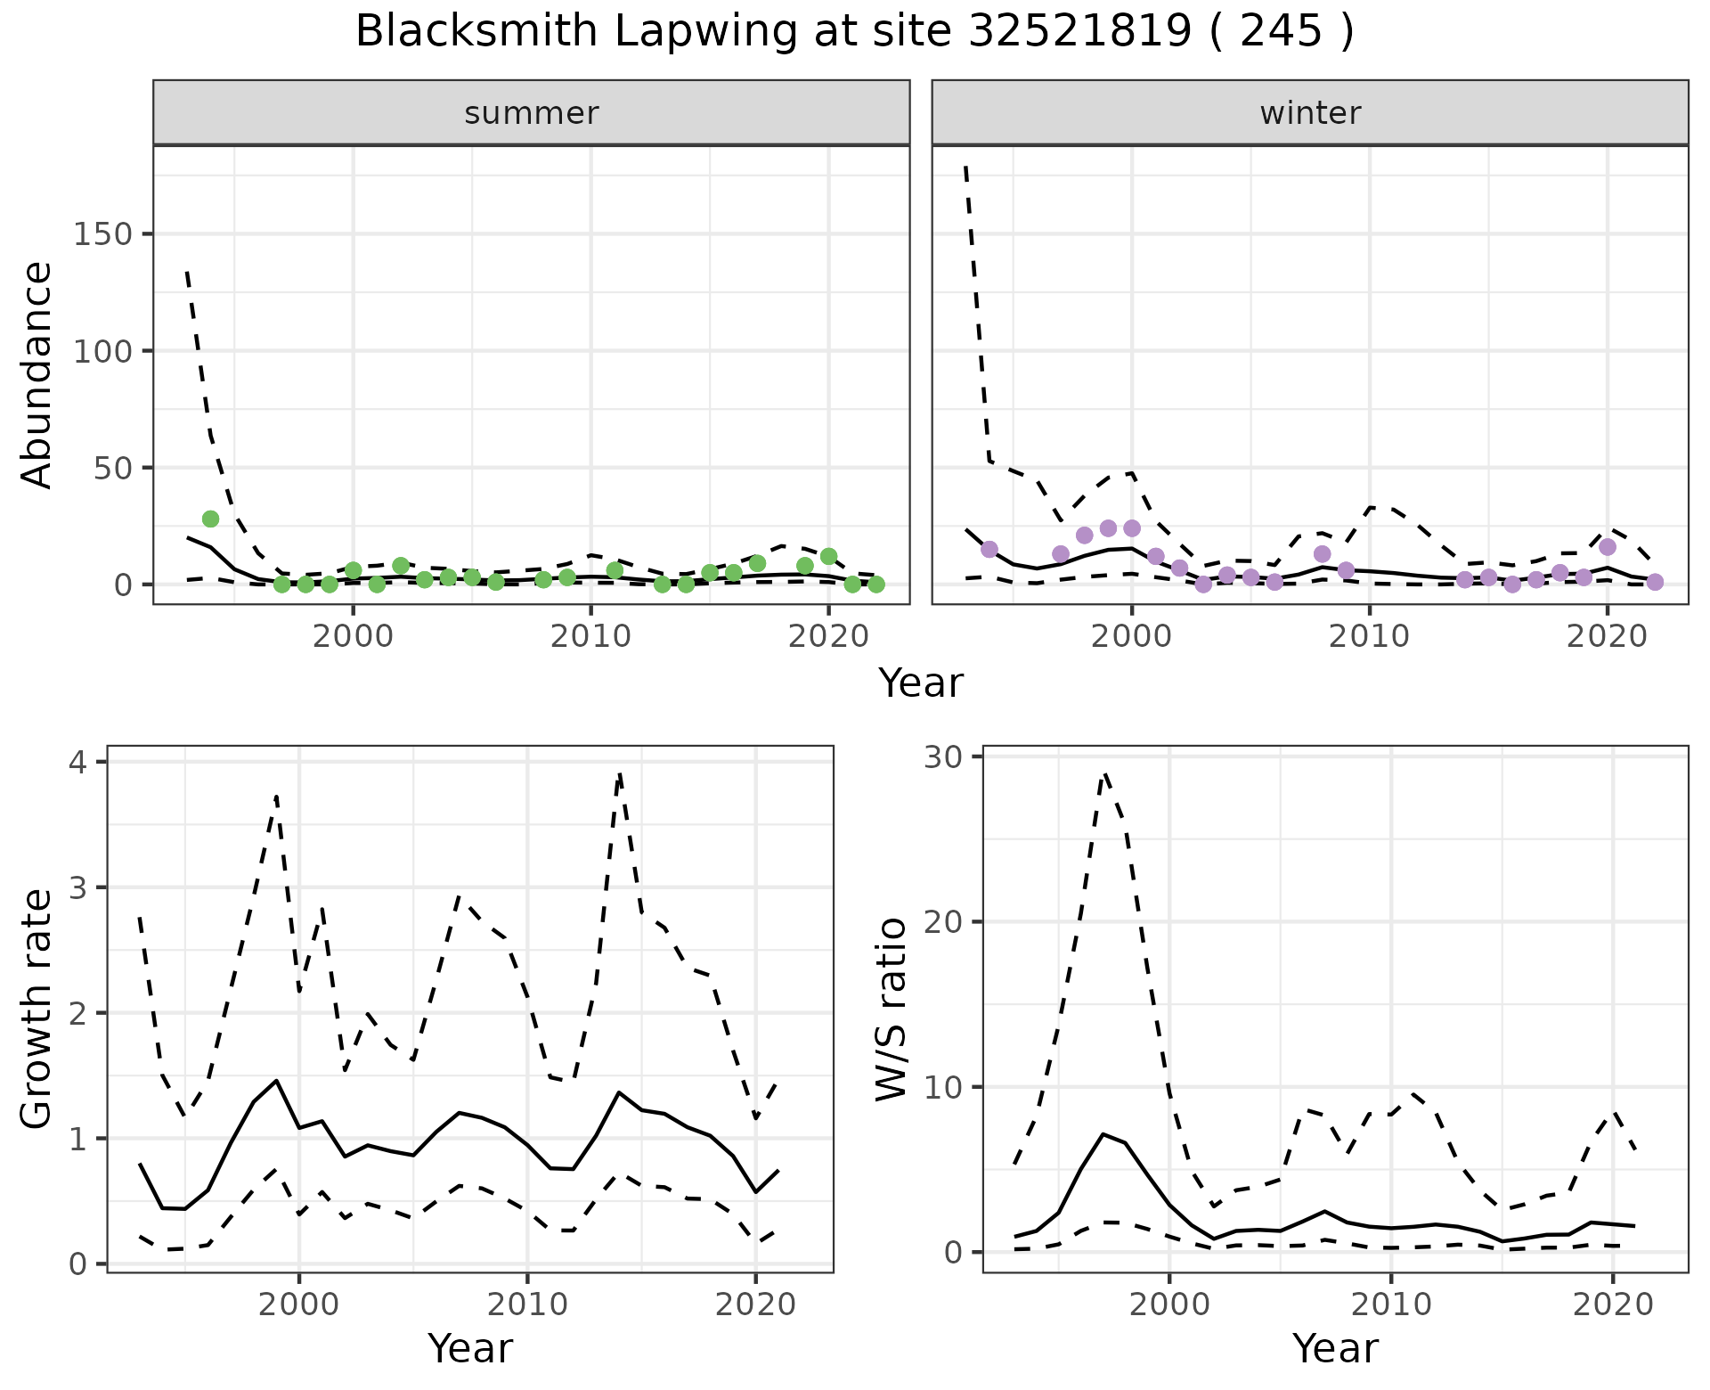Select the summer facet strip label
pyautogui.click(x=532, y=113)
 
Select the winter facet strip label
pyautogui.click(x=1310, y=113)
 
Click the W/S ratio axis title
pyautogui.click(x=891, y=1009)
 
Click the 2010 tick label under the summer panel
pyautogui.click(x=590, y=636)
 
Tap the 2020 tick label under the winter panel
pyautogui.click(x=1608, y=636)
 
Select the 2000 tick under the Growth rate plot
pyautogui.click(x=299, y=1304)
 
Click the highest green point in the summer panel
pyautogui.click(x=210, y=519)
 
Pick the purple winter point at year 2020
pyautogui.click(x=1608, y=547)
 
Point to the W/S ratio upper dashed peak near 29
pyautogui.click(x=1104, y=773)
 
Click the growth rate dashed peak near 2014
pyautogui.click(x=619, y=775)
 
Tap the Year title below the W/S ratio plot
pyautogui.click(x=1335, y=1348)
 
